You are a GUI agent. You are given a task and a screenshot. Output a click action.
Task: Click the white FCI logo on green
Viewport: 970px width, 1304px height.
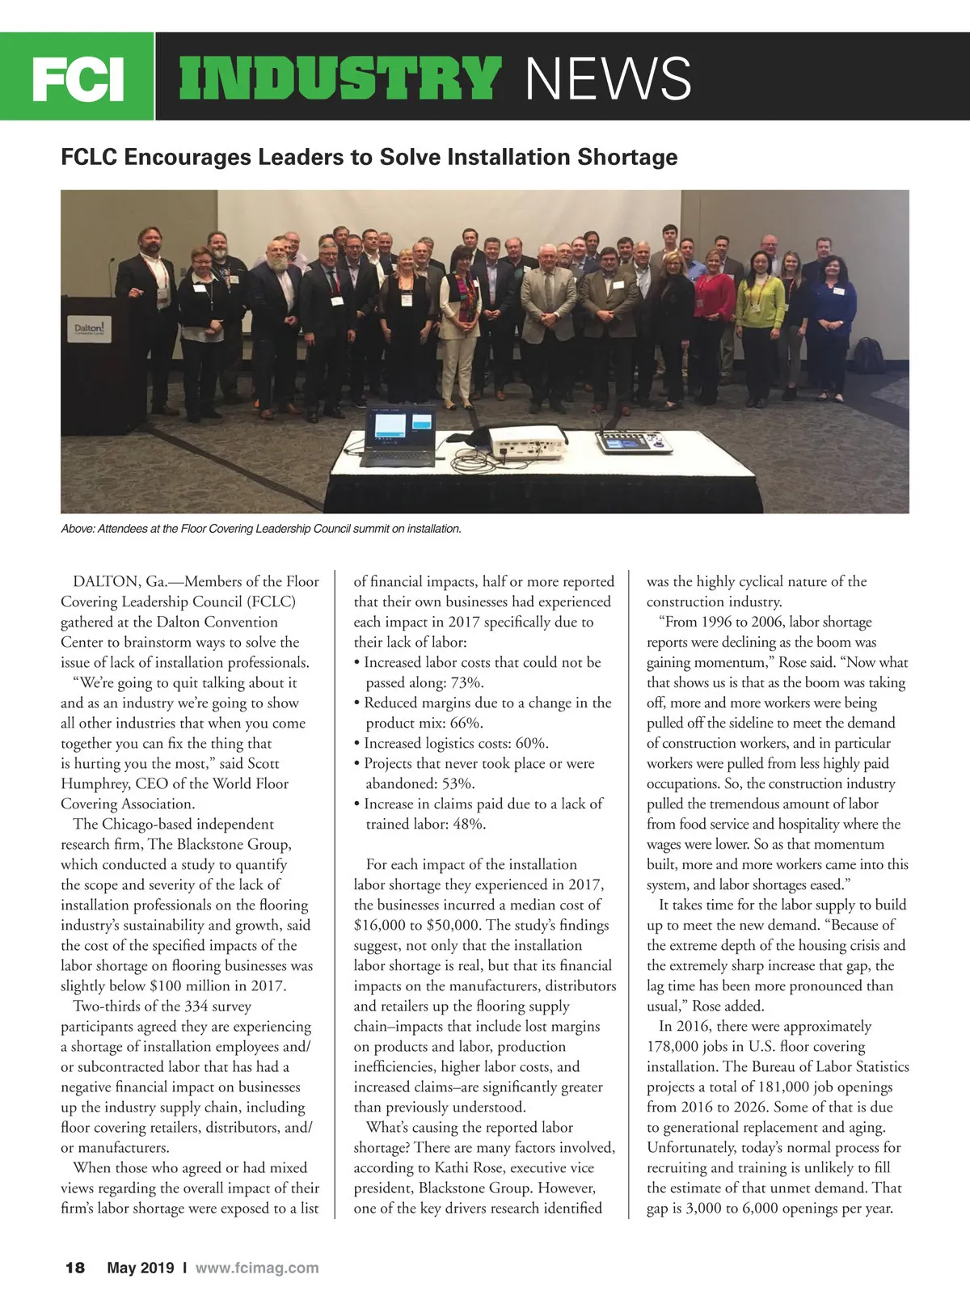[78, 78]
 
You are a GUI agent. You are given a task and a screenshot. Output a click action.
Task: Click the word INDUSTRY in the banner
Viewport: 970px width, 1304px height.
[339, 78]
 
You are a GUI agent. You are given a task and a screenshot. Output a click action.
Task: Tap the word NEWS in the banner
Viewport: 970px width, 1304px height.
[608, 78]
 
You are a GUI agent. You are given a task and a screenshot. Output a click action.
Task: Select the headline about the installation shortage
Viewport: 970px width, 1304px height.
[369, 156]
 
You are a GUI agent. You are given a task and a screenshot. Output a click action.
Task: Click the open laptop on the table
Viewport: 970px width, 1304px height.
[399, 437]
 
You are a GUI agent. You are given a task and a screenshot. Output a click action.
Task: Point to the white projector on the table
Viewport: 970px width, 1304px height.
[525, 441]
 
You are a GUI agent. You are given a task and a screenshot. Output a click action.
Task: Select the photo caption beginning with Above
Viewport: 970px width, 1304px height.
[261, 529]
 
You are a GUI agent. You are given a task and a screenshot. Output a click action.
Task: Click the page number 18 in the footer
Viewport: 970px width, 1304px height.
[74, 1268]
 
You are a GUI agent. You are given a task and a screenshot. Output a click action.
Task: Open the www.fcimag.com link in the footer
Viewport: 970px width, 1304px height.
[257, 1268]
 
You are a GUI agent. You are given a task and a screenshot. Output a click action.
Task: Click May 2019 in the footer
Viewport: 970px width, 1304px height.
[141, 1268]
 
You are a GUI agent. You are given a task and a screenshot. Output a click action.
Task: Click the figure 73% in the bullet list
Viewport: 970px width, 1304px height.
[466, 682]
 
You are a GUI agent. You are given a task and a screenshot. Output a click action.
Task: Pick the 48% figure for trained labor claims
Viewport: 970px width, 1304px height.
[468, 824]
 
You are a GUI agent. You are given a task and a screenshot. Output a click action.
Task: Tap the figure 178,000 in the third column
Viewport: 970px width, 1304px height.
[674, 1046]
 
